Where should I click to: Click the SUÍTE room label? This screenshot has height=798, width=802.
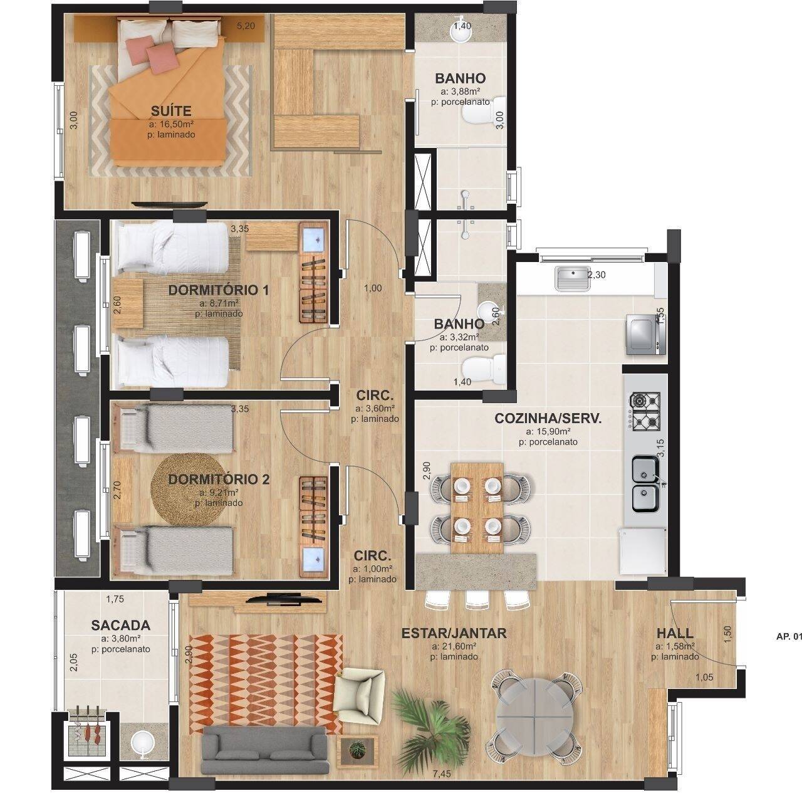162,111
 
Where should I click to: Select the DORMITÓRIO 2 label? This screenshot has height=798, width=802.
219,480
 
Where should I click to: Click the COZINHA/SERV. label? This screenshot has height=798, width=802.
548,419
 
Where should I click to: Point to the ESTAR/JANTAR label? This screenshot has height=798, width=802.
454,633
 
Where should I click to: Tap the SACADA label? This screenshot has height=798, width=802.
120,625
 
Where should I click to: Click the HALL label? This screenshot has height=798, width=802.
675,633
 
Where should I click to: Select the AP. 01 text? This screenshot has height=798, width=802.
788,636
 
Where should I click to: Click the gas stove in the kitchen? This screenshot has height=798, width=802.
645,411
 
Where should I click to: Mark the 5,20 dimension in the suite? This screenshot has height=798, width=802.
246,26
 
